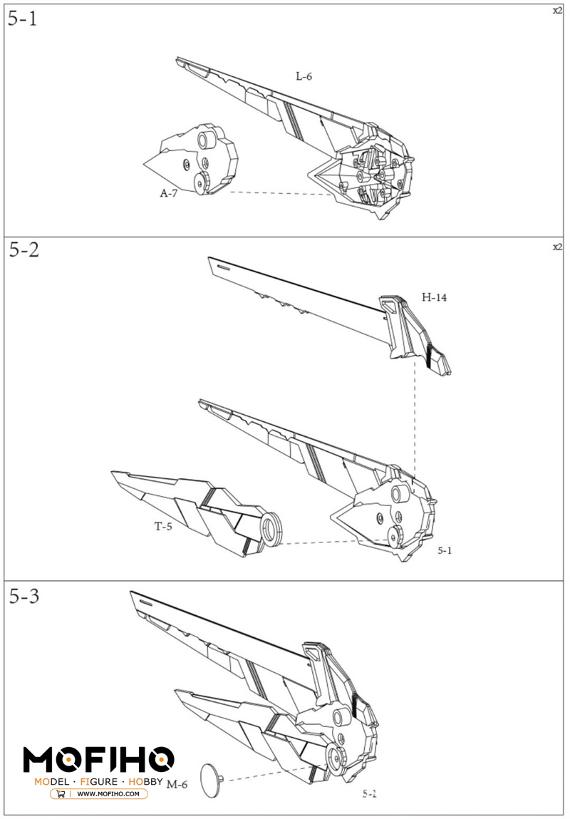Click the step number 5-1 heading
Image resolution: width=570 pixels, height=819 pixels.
[22, 19]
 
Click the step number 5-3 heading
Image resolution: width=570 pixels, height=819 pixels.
[24, 596]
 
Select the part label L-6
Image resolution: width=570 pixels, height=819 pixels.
[304, 76]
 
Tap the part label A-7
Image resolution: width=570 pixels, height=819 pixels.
[168, 192]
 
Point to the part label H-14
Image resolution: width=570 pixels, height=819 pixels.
[434, 298]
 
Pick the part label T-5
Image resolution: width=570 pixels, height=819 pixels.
[164, 527]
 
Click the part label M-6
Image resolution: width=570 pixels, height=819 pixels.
[177, 784]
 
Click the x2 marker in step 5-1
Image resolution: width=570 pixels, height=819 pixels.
[557, 10]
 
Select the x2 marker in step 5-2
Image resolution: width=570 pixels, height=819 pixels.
[557, 247]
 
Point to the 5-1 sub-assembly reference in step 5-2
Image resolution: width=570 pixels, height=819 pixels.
[445, 550]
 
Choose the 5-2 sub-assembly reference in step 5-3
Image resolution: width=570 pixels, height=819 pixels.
[369, 793]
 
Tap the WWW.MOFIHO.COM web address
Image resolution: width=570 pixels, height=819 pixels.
[108, 793]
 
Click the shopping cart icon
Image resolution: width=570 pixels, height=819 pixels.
[61, 793]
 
